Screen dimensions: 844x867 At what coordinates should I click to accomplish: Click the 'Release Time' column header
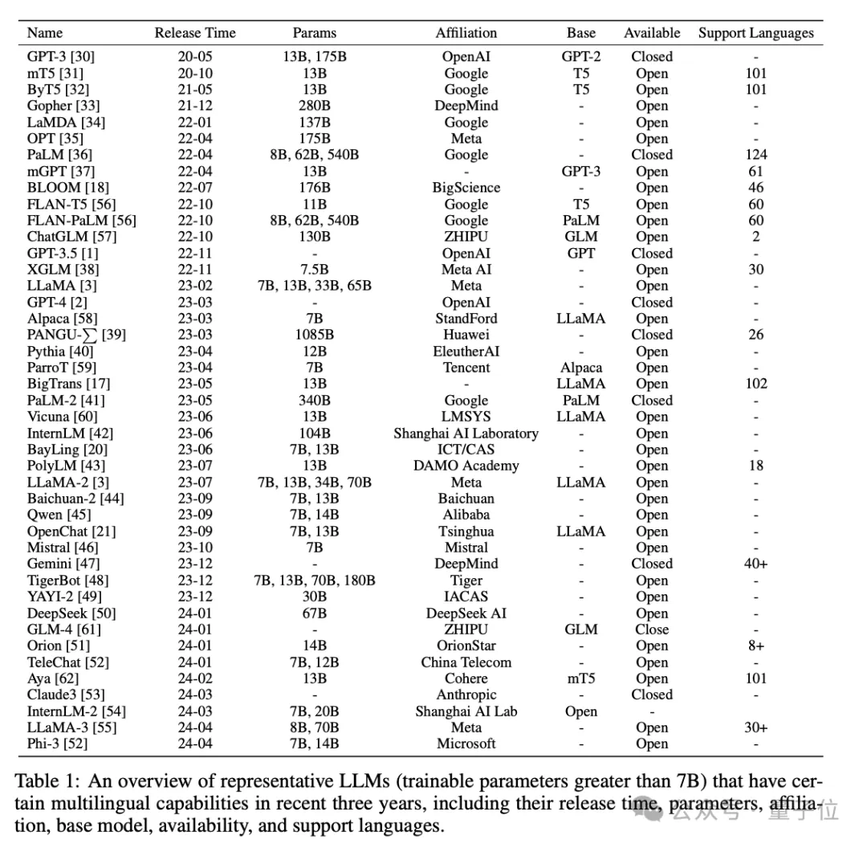(x=195, y=33)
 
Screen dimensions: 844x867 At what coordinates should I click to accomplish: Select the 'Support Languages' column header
(x=755, y=33)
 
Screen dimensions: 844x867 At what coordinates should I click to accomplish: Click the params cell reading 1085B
(x=314, y=335)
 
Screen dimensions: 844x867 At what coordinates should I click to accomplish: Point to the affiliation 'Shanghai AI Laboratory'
(x=466, y=434)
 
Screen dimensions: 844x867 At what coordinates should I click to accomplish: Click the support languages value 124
(x=755, y=155)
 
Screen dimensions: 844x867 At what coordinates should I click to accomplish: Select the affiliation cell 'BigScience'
(x=466, y=188)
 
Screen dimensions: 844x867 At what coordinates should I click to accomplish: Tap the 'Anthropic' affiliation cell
(x=466, y=695)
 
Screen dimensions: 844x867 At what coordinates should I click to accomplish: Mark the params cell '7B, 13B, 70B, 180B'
(x=314, y=581)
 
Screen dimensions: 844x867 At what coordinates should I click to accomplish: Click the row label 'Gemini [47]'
(x=63, y=564)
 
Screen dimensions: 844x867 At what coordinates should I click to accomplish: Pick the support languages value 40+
(x=755, y=564)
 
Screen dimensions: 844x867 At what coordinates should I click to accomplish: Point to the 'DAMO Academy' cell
(x=466, y=466)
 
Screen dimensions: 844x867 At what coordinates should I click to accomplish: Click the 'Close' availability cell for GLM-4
(x=652, y=630)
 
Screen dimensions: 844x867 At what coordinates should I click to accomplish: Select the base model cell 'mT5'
(x=580, y=679)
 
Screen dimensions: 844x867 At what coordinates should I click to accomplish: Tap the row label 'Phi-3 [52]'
(x=58, y=744)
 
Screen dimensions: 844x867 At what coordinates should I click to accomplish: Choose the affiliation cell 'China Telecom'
(x=466, y=663)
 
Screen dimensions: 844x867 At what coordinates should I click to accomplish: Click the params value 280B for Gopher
(x=314, y=106)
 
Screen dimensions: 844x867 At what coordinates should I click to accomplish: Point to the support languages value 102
(x=755, y=384)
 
